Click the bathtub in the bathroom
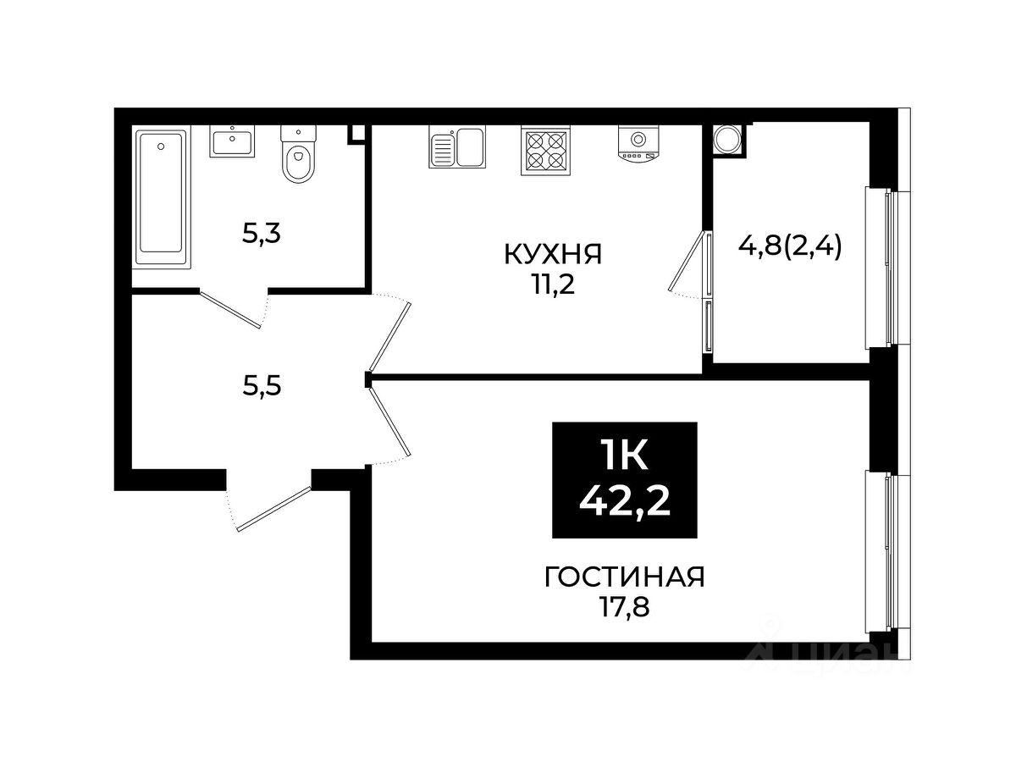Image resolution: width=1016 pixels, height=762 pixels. click(x=161, y=198)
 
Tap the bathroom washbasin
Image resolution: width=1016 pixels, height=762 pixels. click(x=232, y=141)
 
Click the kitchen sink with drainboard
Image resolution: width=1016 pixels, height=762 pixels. click(x=457, y=147)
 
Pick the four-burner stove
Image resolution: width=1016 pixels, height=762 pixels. click(x=544, y=151)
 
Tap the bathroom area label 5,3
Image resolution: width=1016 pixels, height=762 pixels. click(x=262, y=235)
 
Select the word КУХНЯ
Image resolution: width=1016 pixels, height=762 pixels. click(x=553, y=254)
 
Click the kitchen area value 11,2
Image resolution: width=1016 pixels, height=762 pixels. click(x=554, y=285)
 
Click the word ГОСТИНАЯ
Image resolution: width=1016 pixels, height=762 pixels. click(x=624, y=577)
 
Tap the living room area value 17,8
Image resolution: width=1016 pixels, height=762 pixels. click(x=626, y=607)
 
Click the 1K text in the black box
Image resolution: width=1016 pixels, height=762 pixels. click(x=623, y=454)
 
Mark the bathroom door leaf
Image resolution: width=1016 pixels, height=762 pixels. click(x=230, y=309)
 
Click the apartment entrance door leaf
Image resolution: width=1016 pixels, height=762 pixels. click(x=274, y=509)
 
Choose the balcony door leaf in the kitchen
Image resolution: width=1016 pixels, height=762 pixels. click(x=687, y=262)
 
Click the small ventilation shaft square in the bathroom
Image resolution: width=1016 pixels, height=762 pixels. click(x=357, y=133)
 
